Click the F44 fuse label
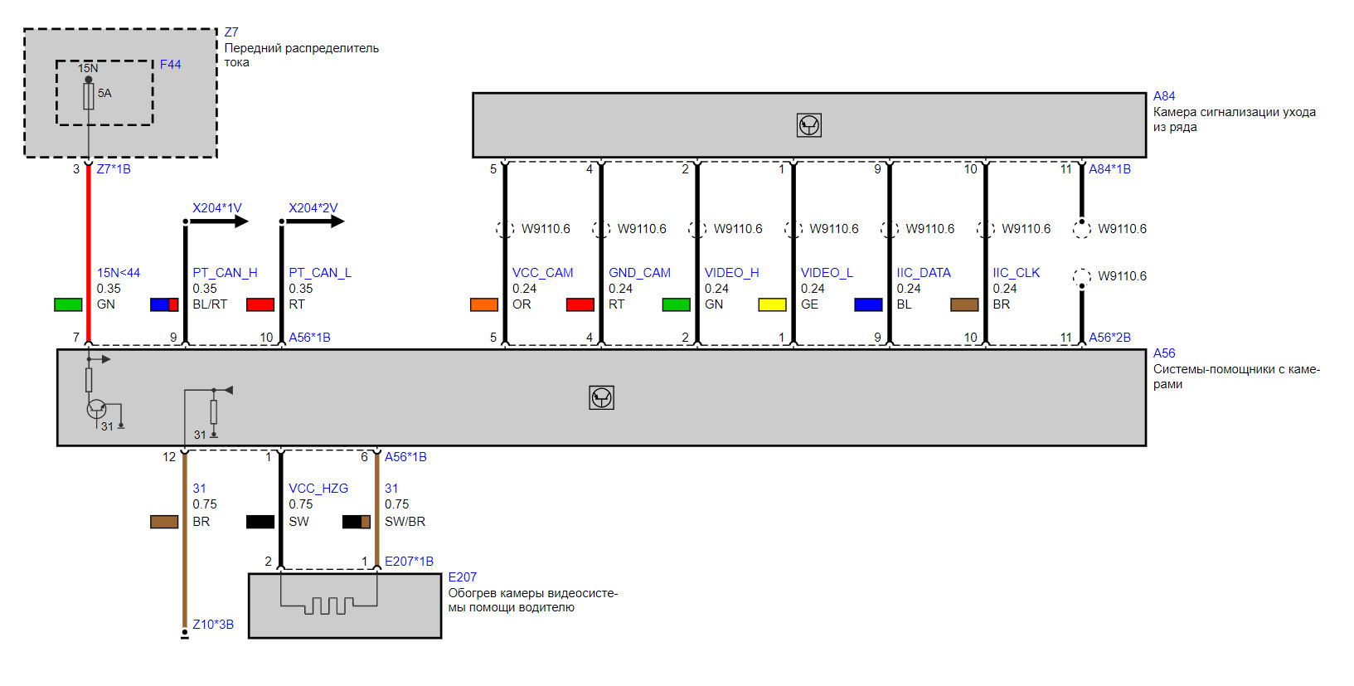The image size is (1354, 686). click(x=170, y=65)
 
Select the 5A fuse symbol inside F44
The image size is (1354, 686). click(x=89, y=96)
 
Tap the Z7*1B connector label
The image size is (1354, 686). click(x=114, y=169)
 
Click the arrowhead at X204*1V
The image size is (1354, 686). click(x=241, y=221)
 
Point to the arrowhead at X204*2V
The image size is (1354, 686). click(x=337, y=221)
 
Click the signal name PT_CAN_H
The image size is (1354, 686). click(x=225, y=273)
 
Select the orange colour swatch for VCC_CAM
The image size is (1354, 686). click(x=484, y=304)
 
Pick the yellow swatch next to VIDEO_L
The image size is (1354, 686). click(x=772, y=304)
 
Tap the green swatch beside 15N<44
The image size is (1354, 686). click(x=68, y=304)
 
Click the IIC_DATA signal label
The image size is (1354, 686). click(x=924, y=273)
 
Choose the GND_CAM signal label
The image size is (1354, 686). click(x=639, y=273)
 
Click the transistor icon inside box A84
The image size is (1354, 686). click(x=809, y=125)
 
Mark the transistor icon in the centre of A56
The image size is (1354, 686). click(x=602, y=398)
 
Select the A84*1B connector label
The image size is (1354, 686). click(x=1109, y=169)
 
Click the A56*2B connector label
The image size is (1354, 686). click(x=1109, y=338)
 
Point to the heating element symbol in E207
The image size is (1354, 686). click(x=328, y=605)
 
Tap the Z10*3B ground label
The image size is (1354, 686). click(x=213, y=625)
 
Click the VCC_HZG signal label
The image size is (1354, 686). click(x=318, y=489)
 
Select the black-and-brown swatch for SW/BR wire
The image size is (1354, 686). click(x=357, y=522)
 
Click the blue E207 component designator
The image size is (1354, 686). click(x=463, y=577)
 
